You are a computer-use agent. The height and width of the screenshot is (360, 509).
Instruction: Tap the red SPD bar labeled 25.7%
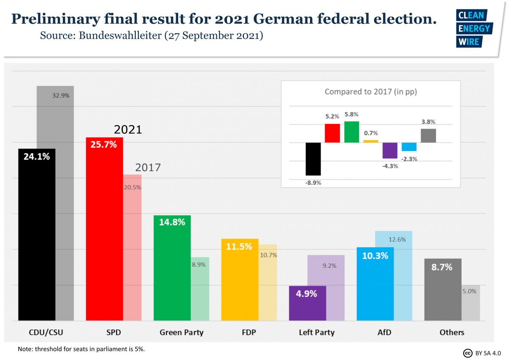point(104,229)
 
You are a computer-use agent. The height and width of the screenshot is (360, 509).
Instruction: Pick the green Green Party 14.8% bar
point(172,268)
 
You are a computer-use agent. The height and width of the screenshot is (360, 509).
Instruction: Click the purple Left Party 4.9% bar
point(308,303)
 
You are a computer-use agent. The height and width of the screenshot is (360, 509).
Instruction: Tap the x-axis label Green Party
point(182,332)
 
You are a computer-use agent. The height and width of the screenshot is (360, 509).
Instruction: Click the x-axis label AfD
point(384,332)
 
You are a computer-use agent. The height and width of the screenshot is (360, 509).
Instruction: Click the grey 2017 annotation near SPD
point(148,167)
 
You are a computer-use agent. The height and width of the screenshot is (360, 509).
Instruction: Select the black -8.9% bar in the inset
point(313,159)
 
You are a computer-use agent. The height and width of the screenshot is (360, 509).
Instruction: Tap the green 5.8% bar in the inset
point(352,132)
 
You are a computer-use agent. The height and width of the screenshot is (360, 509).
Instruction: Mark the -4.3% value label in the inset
point(390,166)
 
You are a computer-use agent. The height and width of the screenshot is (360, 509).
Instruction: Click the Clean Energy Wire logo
point(473,28)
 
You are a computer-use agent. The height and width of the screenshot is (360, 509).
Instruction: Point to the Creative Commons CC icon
point(468,353)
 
